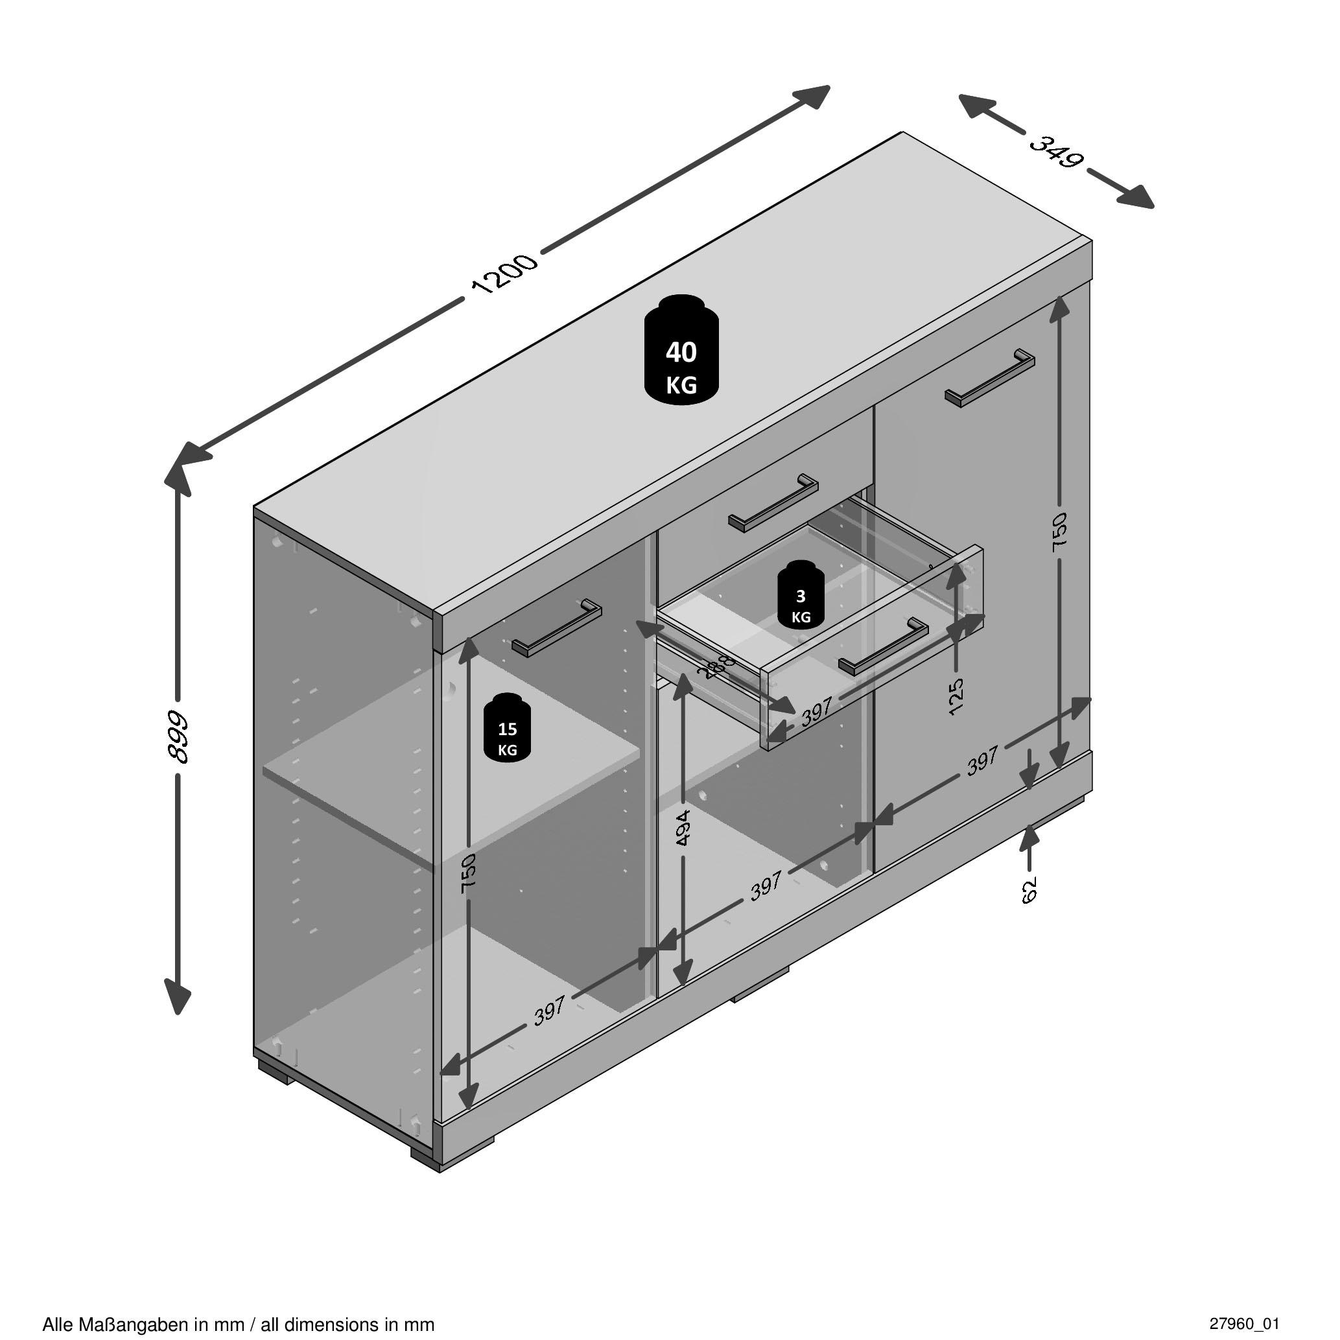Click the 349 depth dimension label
click(x=1055, y=151)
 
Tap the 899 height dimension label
click(x=179, y=737)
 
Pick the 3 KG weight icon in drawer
click(x=801, y=594)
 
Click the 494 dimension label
click(x=683, y=827)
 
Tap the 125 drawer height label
click(x=956, y=696)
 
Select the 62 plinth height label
click(x=1029, y=889)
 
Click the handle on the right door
click(x=990, y=379)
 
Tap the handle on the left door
click(x=557, y=628)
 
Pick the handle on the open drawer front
click(x=883, y=646)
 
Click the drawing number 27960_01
click(x=1243, y=1323)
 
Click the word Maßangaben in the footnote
click(x=133, y=1324)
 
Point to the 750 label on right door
click(x=1059, y=532)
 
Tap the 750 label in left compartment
click(x=469, y=872)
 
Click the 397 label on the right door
click(x=983, y=761)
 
